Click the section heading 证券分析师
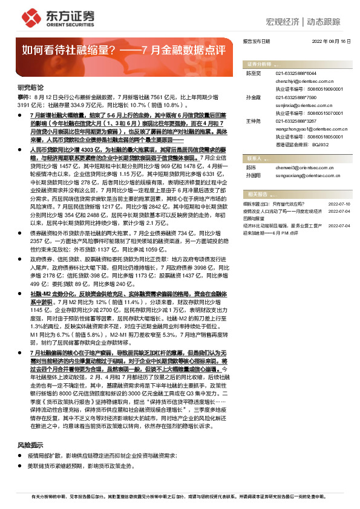coord(258,63)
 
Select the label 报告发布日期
coord(255,42)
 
